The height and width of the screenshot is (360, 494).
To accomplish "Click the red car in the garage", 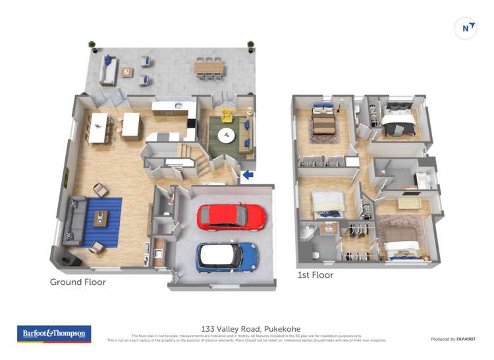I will point(231,216).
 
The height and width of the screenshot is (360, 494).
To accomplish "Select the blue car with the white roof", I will point(227,257).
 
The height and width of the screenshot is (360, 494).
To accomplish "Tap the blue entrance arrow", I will point(248,175).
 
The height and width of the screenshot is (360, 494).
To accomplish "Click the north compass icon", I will point(466,28).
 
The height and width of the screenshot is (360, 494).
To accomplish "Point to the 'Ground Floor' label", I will point(78,282).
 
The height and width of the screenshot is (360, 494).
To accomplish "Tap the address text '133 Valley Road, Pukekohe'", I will point(246,328).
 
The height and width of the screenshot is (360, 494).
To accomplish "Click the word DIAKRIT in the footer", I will point(465,339).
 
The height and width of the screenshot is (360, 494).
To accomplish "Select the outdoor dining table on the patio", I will point(209,67).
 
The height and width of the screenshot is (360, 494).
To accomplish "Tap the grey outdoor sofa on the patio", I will point(108,69).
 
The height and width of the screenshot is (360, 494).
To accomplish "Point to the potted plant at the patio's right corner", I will point(250,46).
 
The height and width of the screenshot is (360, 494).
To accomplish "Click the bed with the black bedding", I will point(399,119).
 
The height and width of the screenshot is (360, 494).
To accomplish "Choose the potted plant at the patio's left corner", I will point(92,46).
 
